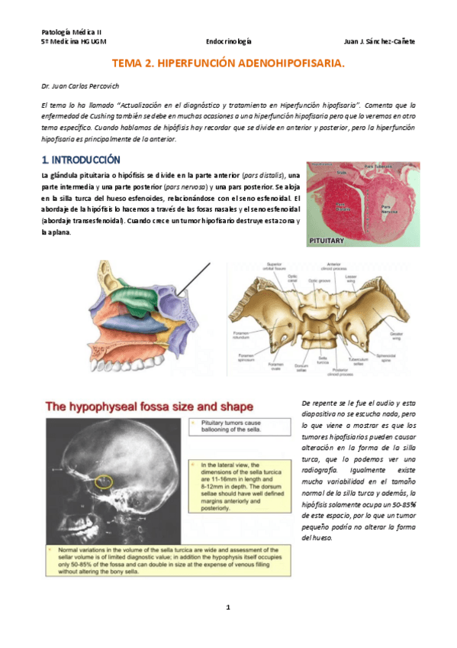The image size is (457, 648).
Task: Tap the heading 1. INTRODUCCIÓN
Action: tap(80, 160)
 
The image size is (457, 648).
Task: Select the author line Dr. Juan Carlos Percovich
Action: tap(80, 87)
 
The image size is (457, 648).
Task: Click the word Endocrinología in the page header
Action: tap(229, 41)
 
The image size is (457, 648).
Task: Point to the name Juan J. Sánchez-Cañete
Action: tap(379, 41)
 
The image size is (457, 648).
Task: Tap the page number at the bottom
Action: tap(227, 607)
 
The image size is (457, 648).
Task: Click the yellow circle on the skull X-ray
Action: tap(104, 482)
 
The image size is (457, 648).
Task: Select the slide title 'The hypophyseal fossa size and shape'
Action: tap(150, 407)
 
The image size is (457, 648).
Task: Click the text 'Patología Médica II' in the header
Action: tap(66, 32)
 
